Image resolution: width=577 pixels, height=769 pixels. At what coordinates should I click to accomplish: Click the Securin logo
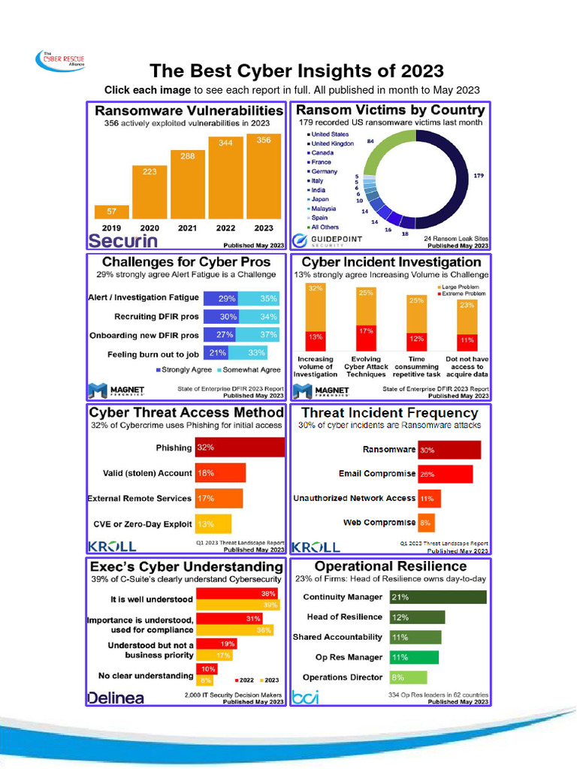tap(123, 241)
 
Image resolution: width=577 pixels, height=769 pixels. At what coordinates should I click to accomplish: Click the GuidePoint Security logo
tap(328, 240)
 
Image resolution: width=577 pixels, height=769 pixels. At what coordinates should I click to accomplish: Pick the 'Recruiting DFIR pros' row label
tap(156, 317)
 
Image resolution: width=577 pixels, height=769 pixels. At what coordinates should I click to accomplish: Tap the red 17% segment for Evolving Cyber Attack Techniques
tap(366, 336)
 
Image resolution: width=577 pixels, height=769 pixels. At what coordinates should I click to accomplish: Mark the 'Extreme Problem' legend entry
tap(463, 294)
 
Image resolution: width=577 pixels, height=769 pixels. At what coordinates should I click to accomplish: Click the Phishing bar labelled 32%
tap(240, 448)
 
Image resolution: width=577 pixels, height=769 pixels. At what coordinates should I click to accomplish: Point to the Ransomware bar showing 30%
tap(449, 450)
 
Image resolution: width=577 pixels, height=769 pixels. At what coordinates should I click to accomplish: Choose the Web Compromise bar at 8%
tap(426, 523)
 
